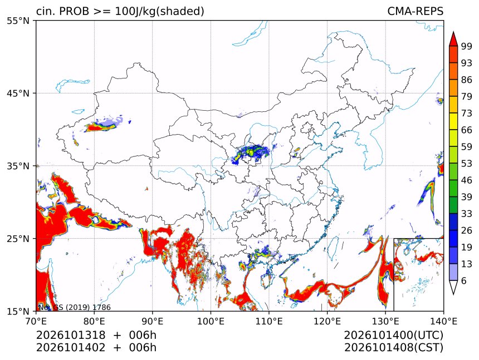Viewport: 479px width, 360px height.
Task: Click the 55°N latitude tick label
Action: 18,21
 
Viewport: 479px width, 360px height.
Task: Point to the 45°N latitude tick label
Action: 18,93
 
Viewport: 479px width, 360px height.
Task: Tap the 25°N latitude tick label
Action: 18,239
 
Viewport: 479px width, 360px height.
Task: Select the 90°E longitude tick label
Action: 153,321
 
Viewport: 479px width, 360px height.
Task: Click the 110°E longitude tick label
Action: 269,321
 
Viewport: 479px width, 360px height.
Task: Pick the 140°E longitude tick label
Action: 443,321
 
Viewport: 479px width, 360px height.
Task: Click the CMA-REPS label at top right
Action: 415,11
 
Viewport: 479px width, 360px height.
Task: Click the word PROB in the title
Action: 74,11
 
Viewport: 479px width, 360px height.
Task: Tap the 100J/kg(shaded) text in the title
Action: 159,12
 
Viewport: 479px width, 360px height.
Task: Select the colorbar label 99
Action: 467,46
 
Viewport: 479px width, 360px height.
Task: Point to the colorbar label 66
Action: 467,130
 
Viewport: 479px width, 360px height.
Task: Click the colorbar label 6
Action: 464,280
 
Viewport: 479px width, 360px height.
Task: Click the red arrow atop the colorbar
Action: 453,39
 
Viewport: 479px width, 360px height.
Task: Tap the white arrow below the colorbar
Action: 453,287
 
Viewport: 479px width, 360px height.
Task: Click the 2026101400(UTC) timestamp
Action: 393,336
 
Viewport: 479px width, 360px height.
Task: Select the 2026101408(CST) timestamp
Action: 393,348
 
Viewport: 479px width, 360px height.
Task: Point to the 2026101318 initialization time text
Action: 71,335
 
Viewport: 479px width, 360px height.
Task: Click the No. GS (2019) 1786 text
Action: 74,307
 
